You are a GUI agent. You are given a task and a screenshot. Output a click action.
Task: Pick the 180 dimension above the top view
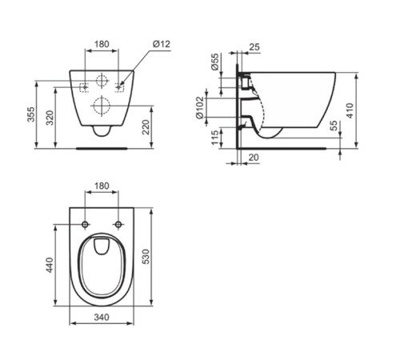point(102,186)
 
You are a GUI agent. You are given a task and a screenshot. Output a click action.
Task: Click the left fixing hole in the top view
point(85,223)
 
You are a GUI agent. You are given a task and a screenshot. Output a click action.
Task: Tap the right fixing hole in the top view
point(118,223)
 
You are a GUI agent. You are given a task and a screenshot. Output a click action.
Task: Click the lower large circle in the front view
point(102,105)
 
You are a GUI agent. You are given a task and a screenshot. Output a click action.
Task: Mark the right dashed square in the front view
point(122,84)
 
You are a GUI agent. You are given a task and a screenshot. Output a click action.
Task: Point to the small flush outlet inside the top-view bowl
point(102,246)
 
